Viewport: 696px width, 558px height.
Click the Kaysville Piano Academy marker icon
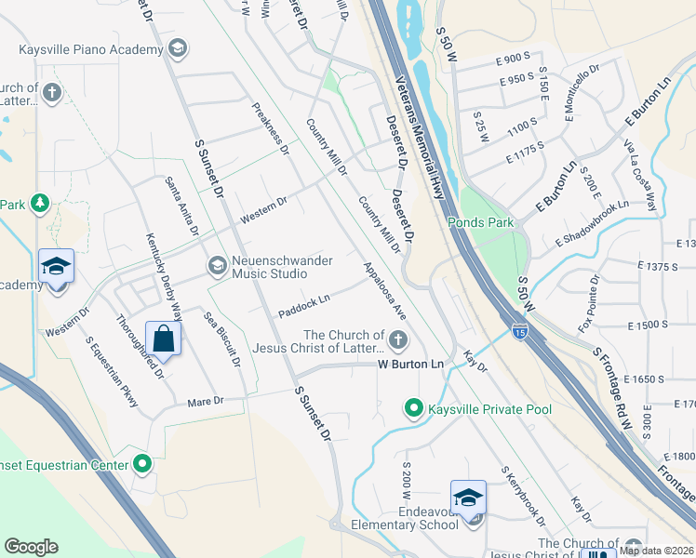pos(179,47)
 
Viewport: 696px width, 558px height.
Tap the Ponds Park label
pos(480,222)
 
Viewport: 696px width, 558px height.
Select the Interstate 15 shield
pos(520,330)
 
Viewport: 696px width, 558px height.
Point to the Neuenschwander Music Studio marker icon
pos(217,267)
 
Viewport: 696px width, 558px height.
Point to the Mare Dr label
pos(206,402)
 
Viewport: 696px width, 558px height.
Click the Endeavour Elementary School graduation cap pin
pos(469,497)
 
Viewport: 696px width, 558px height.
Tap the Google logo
pos(31,546)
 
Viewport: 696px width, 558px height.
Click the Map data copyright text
pos(656,551)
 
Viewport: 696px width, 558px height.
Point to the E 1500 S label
pos(648,325)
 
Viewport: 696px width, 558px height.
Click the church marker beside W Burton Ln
pos(398,339)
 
